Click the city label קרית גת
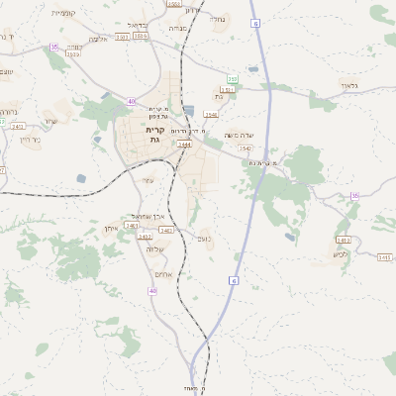tap(153, 135)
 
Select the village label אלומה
tap(98, 39)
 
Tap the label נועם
tap(205, 238)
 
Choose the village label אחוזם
tap(164, 273)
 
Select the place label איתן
tap(111, 229)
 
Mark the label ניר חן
tap(30, 139)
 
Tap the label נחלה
tap(220, 19)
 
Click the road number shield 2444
tap(184, 145)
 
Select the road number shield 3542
tap(246, 148)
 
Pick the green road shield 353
tap(232, 78)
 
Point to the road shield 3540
tap(211, 115)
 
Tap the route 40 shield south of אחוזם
tap(152, 291)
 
